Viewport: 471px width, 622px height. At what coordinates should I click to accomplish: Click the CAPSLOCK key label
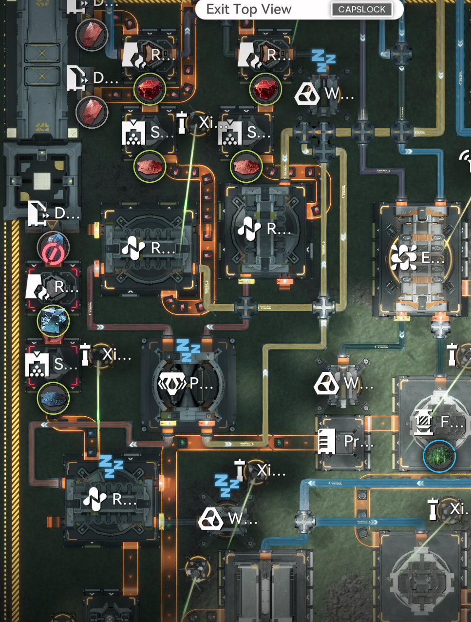coord(361,9)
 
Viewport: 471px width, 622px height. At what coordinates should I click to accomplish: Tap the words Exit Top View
coord(248,9)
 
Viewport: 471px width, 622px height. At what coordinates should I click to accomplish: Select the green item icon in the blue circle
coord(439,457)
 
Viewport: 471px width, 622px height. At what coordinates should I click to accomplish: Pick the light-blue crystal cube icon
coord(53,321)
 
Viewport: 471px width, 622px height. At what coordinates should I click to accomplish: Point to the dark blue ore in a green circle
coord(53,398)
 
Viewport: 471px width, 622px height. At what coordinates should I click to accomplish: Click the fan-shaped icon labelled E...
coord(404,257)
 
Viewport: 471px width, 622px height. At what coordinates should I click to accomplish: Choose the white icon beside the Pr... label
coord(327,441)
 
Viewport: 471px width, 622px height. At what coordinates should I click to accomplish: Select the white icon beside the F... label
coord(423,422)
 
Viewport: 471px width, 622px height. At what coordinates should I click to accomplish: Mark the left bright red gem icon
coord(150,89)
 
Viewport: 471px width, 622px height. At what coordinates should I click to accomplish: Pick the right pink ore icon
coord(246,167)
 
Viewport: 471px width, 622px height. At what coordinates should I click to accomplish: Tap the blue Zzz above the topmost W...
coord(323,61)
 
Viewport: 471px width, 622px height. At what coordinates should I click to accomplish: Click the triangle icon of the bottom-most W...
coord(210,519)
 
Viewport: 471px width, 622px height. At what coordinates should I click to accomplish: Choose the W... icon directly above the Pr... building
coord(326,384)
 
